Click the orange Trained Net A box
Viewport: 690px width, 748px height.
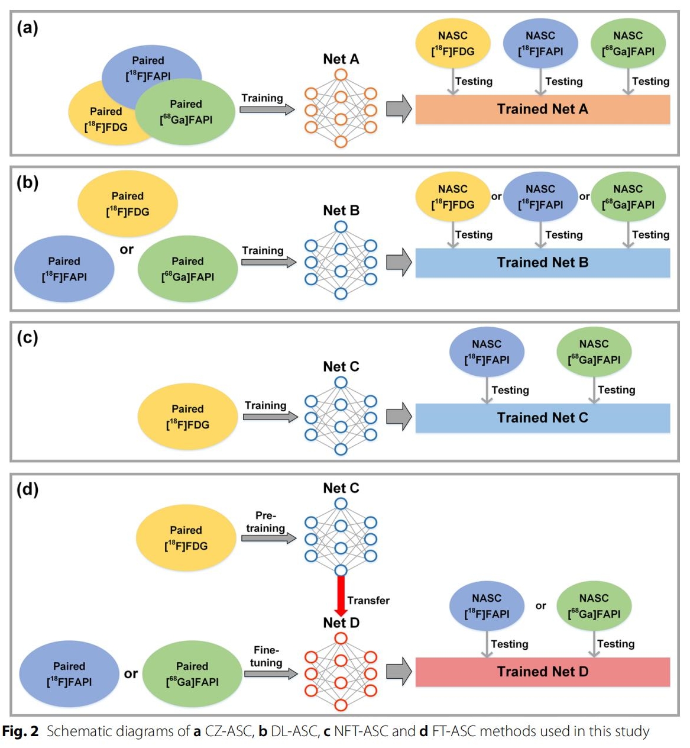542,109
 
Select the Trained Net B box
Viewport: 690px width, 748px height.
542,263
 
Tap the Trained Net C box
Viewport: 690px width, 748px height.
542,418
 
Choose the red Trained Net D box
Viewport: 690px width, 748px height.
542,672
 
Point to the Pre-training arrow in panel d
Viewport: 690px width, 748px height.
268,539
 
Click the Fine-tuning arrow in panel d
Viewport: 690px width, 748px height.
270,673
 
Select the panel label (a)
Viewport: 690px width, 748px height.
28,27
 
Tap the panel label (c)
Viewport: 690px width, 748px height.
28,337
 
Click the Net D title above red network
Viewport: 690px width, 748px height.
341,623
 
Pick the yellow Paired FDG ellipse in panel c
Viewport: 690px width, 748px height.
187,417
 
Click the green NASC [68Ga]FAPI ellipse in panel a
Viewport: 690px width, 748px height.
628,43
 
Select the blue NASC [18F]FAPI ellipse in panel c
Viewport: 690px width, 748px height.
487,352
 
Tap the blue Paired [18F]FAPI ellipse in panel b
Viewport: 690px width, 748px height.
64,269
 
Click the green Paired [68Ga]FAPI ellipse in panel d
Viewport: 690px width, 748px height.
192,674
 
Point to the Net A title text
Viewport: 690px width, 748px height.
341,59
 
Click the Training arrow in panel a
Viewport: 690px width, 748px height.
267,109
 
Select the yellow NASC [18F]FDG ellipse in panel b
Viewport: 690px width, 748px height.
453,197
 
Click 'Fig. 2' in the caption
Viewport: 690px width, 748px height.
20,731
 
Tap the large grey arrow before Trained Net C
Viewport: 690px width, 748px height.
399,417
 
